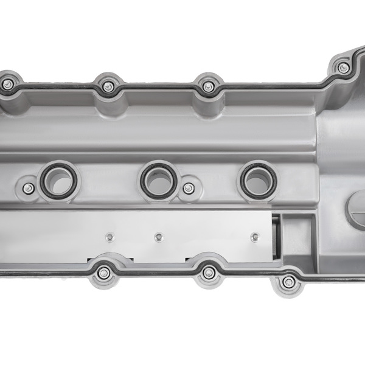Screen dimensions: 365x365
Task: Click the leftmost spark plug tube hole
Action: [x=58, y=181]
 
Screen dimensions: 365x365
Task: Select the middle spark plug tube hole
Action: [x=159, y=179]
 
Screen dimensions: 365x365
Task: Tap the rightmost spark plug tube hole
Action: [x=258, y=179]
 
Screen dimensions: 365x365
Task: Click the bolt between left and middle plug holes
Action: [x=189, y=189]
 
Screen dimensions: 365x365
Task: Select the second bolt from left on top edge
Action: [x=108, y=86]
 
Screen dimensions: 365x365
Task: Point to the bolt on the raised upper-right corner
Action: [x=344, y=68]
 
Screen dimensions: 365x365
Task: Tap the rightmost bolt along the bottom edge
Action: [x=290, y=282]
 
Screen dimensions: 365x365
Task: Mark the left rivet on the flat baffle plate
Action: [x=110, y=237]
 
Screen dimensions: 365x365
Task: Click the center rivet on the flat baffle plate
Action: [x=159, y=237]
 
